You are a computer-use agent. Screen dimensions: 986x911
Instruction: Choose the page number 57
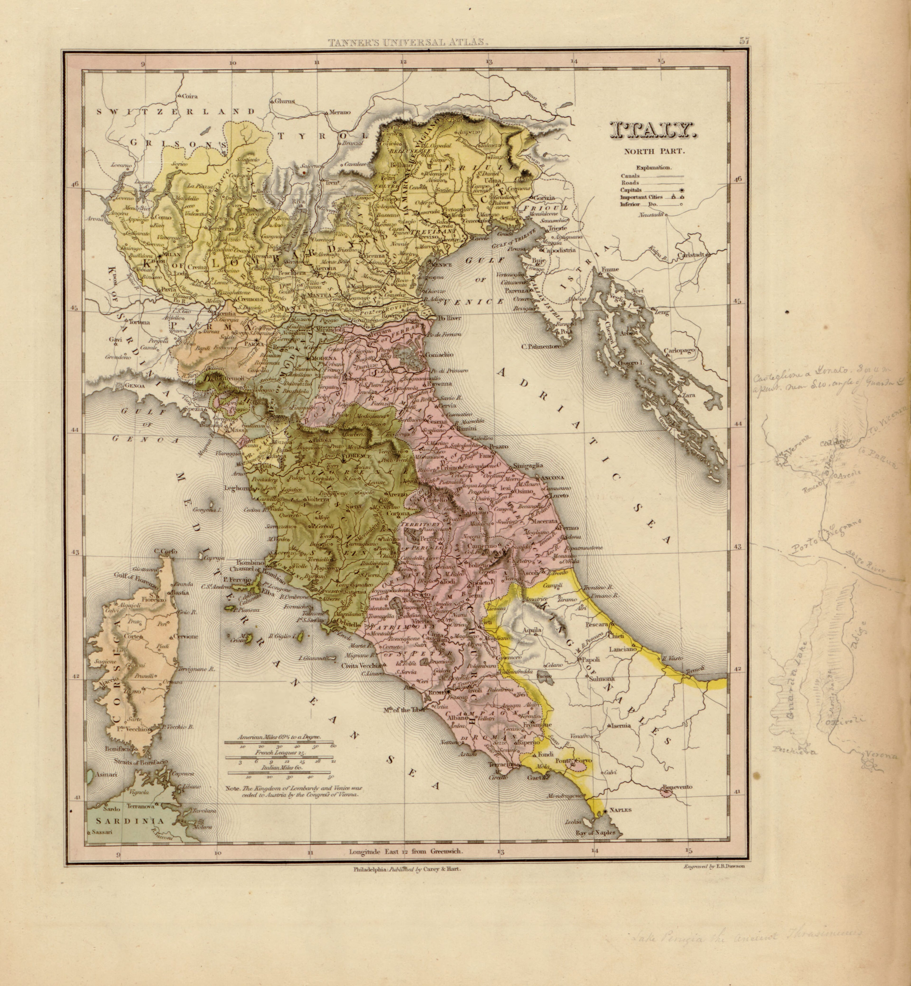[x=744, y=42]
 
